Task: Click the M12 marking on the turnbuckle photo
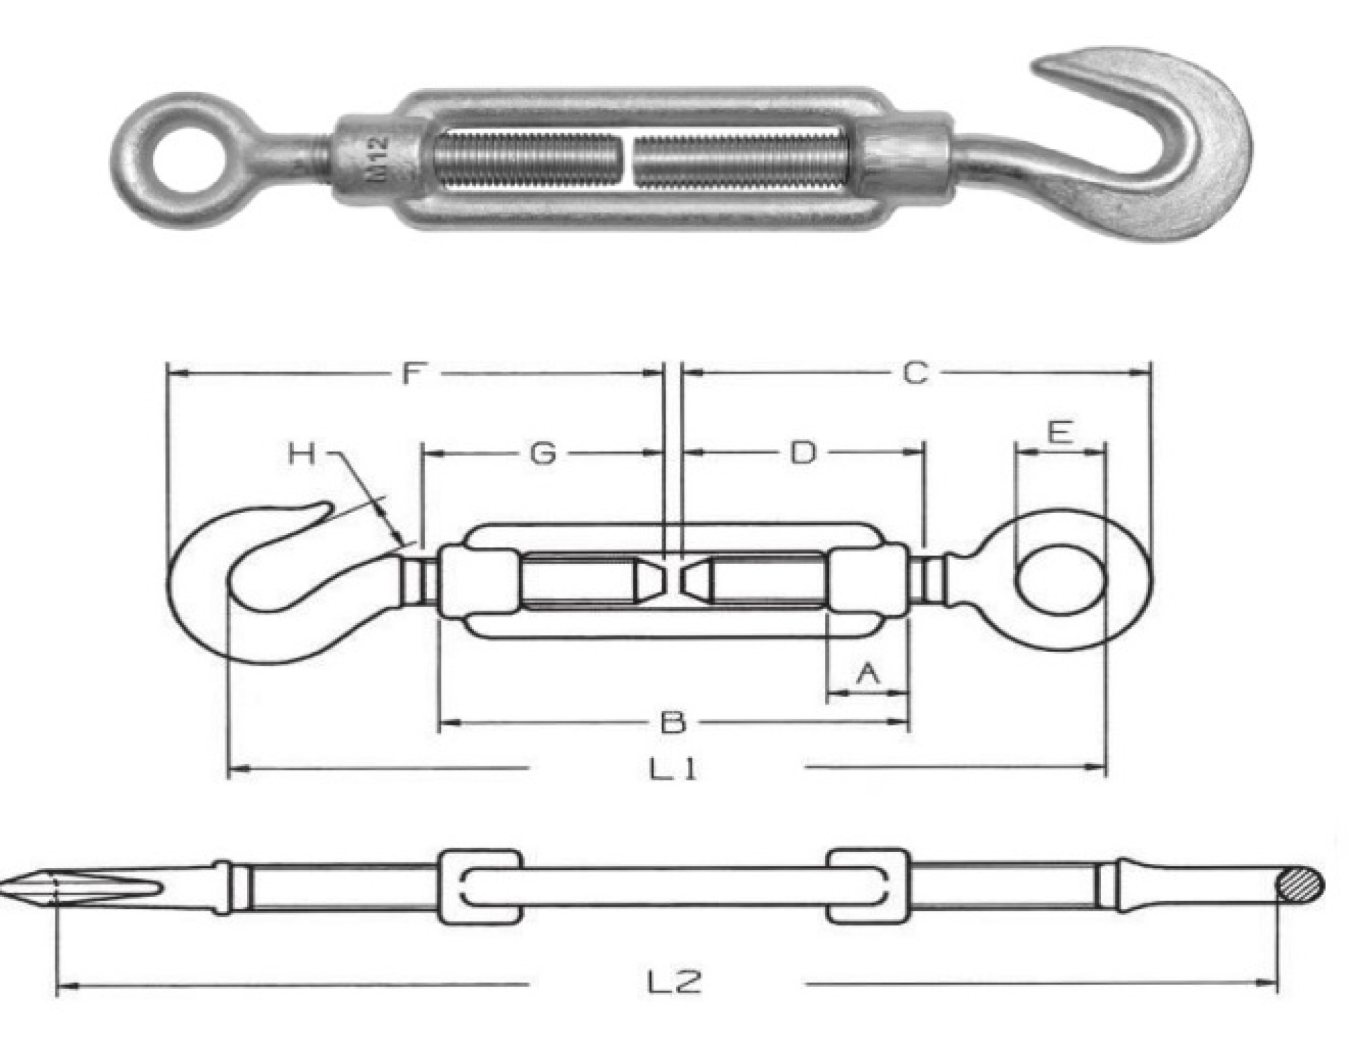point(380,159)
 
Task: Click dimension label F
point(413,374)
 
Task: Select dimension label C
point(916,374)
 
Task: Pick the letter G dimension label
point(543,454)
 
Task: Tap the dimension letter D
point(804,454)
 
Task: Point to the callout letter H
point(303,454)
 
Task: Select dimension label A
point(868,674)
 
